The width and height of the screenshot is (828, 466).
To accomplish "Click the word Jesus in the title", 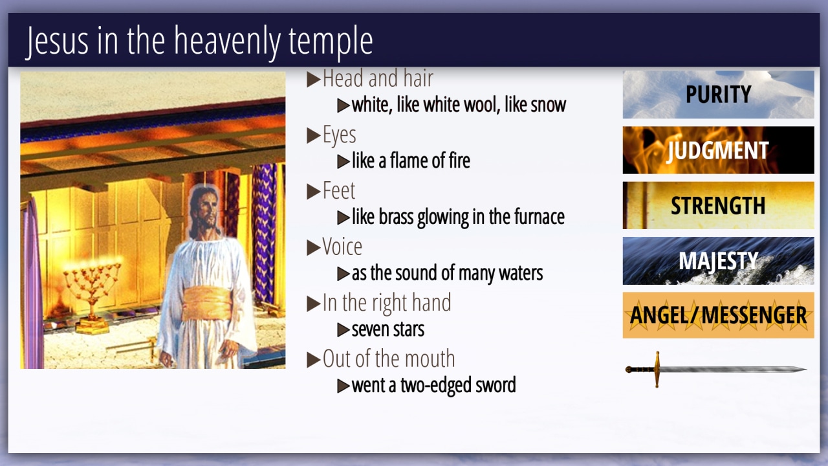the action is [58, 41].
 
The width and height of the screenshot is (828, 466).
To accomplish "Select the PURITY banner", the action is [718, 94].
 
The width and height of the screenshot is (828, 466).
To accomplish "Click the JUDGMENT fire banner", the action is [718, 150].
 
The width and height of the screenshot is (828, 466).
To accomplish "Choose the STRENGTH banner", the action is [718, 205].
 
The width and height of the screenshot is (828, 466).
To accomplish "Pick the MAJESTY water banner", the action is [718, 261].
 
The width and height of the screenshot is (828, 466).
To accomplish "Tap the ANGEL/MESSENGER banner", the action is [718, 315].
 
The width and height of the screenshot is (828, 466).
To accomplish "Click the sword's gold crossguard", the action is [657, 369].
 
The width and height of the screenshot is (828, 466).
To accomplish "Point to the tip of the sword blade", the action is [806, 369].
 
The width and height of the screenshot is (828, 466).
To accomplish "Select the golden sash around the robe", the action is [206, 304].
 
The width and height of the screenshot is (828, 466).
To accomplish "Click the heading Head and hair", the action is [378, 78].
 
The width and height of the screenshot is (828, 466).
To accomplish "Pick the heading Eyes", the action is [340, 135].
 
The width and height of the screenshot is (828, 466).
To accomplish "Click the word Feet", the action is [338, 190].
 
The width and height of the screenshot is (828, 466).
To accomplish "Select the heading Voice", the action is [342, 247].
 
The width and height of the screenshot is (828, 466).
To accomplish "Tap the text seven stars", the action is [387, 329].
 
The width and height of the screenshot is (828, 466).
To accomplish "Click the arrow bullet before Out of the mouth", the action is [314, 359].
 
